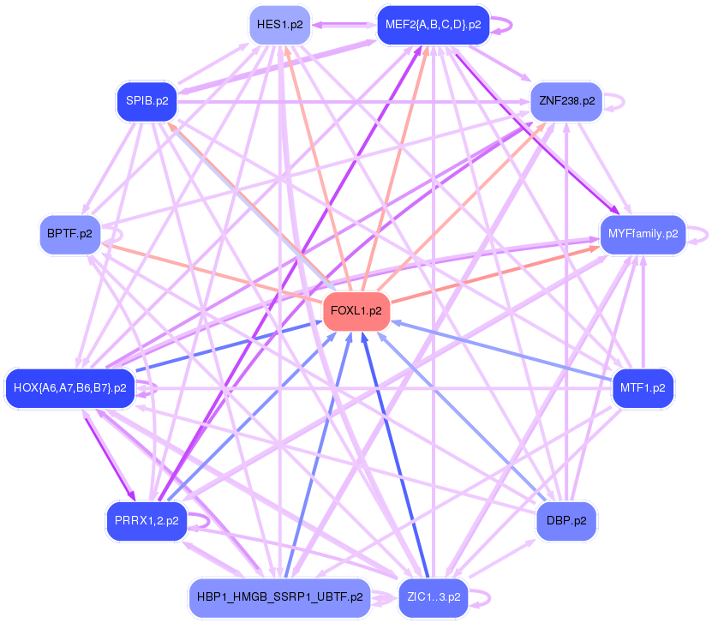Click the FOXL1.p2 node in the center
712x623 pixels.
click(356, 311)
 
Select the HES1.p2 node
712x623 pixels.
click(279, 25)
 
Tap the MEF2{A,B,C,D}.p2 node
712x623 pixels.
click(433, 24)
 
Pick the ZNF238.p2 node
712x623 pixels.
click(566, 100)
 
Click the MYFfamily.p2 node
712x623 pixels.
click(643, 233)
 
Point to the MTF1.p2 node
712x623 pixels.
click(642, 388)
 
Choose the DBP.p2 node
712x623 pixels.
click(566, 520)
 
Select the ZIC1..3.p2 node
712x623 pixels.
click(434, 597)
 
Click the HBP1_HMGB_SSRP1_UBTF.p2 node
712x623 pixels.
click(279, 597)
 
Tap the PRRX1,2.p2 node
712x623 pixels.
click(147, 520)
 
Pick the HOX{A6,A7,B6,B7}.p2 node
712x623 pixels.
click(69, 388)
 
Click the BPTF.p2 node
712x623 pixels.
click(70, 233)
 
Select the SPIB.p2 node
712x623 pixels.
click(147, 100)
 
